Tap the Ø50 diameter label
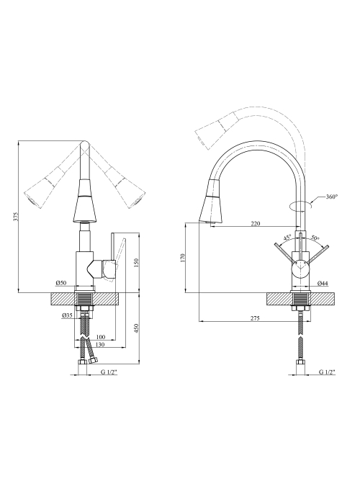60,283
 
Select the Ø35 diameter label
67,315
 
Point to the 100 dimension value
101,337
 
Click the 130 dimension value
101,345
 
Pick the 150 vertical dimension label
135,263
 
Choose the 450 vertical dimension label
135,328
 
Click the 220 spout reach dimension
255,224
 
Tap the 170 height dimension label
183,258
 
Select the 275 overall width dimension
255,318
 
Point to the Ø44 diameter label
323,283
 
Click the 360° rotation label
332,197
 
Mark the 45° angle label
287,238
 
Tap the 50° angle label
315,238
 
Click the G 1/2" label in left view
109,372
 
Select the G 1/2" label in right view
327,372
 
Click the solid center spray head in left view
85,202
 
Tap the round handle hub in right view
300,268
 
